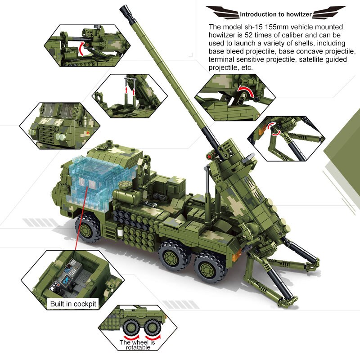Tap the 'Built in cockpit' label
(x=73, y=304)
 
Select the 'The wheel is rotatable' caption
(x=138, y=346)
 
